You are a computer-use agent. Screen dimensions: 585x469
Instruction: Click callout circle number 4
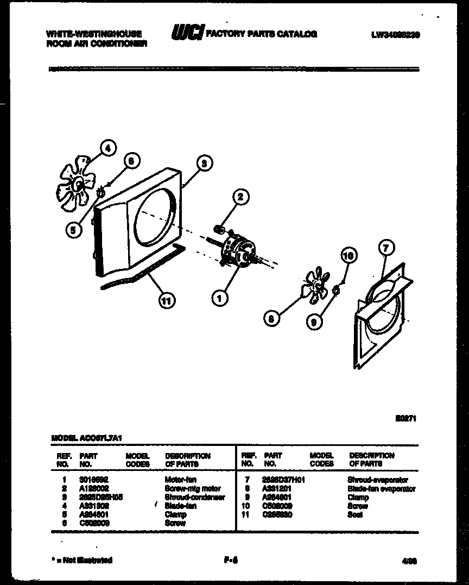109,148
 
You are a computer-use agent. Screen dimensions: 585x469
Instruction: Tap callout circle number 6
131,160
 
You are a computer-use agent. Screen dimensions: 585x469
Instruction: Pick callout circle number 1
220,298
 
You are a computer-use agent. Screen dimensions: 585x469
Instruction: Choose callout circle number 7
385,248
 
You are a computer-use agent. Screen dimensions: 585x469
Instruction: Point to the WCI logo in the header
187,34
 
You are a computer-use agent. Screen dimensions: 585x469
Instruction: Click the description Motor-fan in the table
181,480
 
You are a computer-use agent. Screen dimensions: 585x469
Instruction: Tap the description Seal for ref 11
355,514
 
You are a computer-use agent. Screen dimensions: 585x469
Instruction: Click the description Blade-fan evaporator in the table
381,489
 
